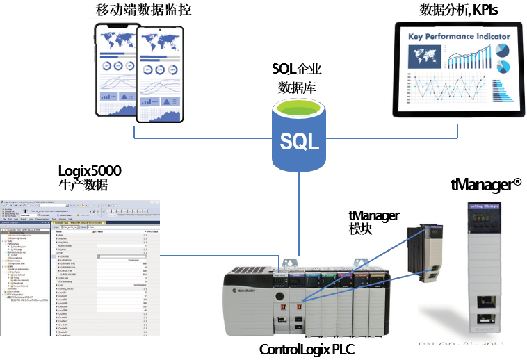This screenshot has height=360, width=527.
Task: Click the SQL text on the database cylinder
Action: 299,142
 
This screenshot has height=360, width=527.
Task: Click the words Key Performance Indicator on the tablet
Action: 459,36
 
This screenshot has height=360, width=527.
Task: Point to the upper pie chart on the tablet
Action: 503,51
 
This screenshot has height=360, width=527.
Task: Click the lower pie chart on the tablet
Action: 503,67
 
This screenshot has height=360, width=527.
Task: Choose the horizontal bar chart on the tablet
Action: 501,92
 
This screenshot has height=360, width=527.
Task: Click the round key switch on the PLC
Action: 279,295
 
